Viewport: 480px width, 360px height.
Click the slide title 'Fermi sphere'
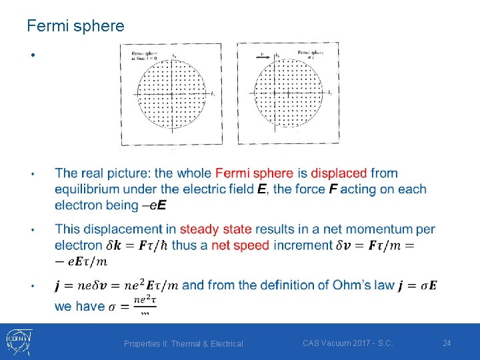tap(75, 26)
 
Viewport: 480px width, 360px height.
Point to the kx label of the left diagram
tap(212, 96)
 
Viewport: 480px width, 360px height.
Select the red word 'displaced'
tap(339, 173)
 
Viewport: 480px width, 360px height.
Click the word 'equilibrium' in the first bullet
tap(89, 189)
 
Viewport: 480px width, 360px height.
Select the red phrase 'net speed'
tap(240, 245)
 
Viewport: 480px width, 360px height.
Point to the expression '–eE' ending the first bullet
tap(154, 205)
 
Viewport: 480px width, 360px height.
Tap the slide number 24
tap(447, 343)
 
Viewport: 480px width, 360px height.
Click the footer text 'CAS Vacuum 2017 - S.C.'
tap(347, 343)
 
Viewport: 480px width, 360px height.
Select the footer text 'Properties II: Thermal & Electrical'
tap(183, 343)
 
